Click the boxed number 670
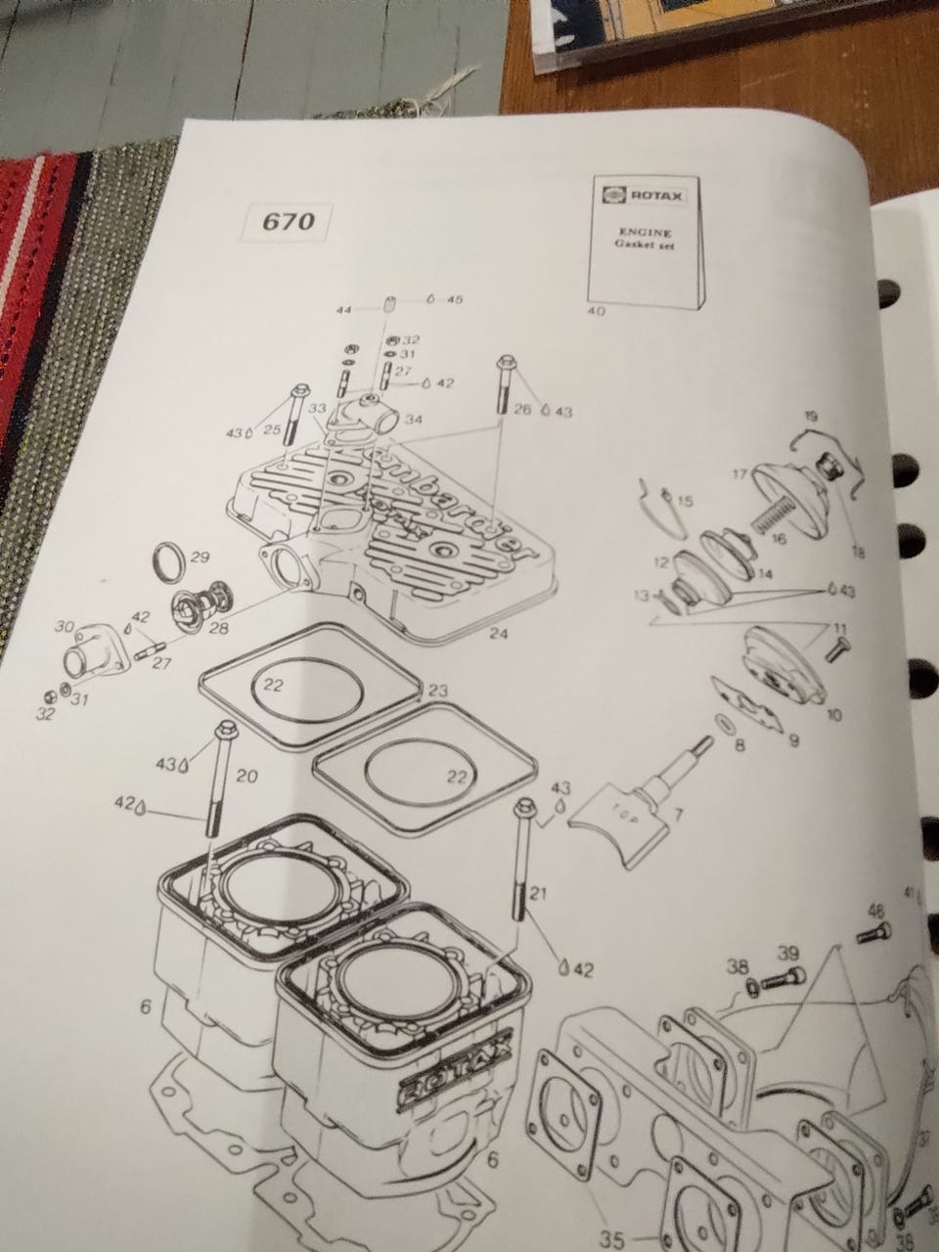pos(290,221)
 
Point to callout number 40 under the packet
pos(596,311)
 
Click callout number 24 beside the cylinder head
pos(499,635)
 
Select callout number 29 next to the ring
pos(201,557)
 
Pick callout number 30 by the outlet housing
pos(65,626)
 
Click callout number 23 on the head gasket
pos(437,692)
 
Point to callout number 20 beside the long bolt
pos(246,776)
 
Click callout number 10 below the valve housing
pos(833,715)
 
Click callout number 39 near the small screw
pos(788,953)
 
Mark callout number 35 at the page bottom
pos(611,1239)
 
